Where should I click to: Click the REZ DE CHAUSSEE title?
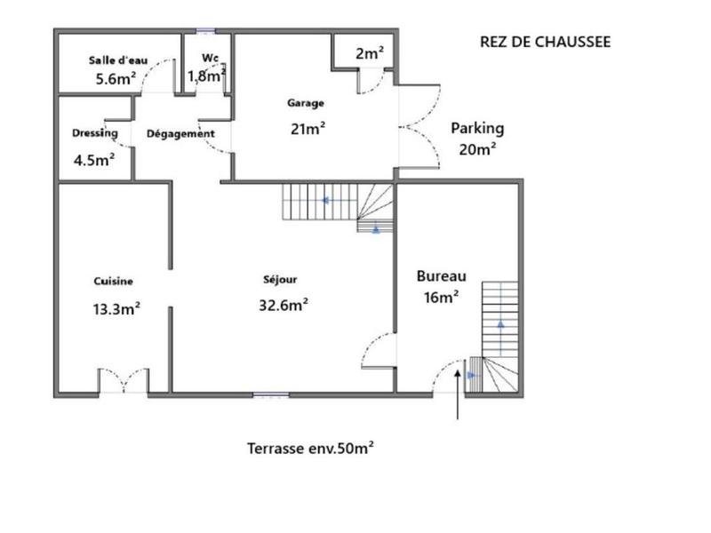coord(545,42)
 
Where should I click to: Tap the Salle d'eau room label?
coord(118,60)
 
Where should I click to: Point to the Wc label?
coord(211,59)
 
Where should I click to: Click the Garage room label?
coord(305,103)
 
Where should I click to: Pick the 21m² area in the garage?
coord(308,128)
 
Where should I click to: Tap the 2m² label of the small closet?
coord(369,53)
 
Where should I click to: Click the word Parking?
coord(476,128)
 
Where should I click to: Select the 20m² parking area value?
coord(476,149)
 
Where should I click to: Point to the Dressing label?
coord(95,133)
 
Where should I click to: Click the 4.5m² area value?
coord(94,161)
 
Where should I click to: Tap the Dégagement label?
coord(180,134)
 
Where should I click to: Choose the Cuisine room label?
coord(113,282)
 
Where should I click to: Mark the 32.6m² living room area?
coord(283,305)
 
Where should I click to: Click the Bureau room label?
coord(442,275)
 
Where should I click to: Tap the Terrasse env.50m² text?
coord(310,449)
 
